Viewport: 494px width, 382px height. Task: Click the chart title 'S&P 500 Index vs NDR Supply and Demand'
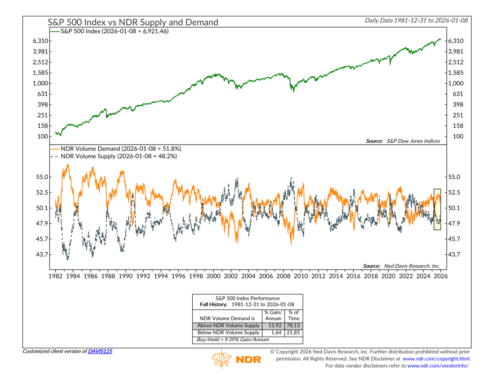(x=133, y=22)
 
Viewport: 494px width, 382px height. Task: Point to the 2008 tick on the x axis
(x=283, y=277)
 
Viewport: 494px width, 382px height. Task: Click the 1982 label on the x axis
(x=56, y=277)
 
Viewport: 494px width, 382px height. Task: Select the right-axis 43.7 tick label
(x=455, y=255)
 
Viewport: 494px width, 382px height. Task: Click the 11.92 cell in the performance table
(x=274, y=326)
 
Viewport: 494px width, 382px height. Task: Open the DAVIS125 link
(x=100, y=351)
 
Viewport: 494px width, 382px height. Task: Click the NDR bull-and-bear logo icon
(x=221, y=360)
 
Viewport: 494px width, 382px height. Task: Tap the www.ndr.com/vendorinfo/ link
(x=438, y=366)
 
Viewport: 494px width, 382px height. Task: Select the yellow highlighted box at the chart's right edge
(x=437, y=209)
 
